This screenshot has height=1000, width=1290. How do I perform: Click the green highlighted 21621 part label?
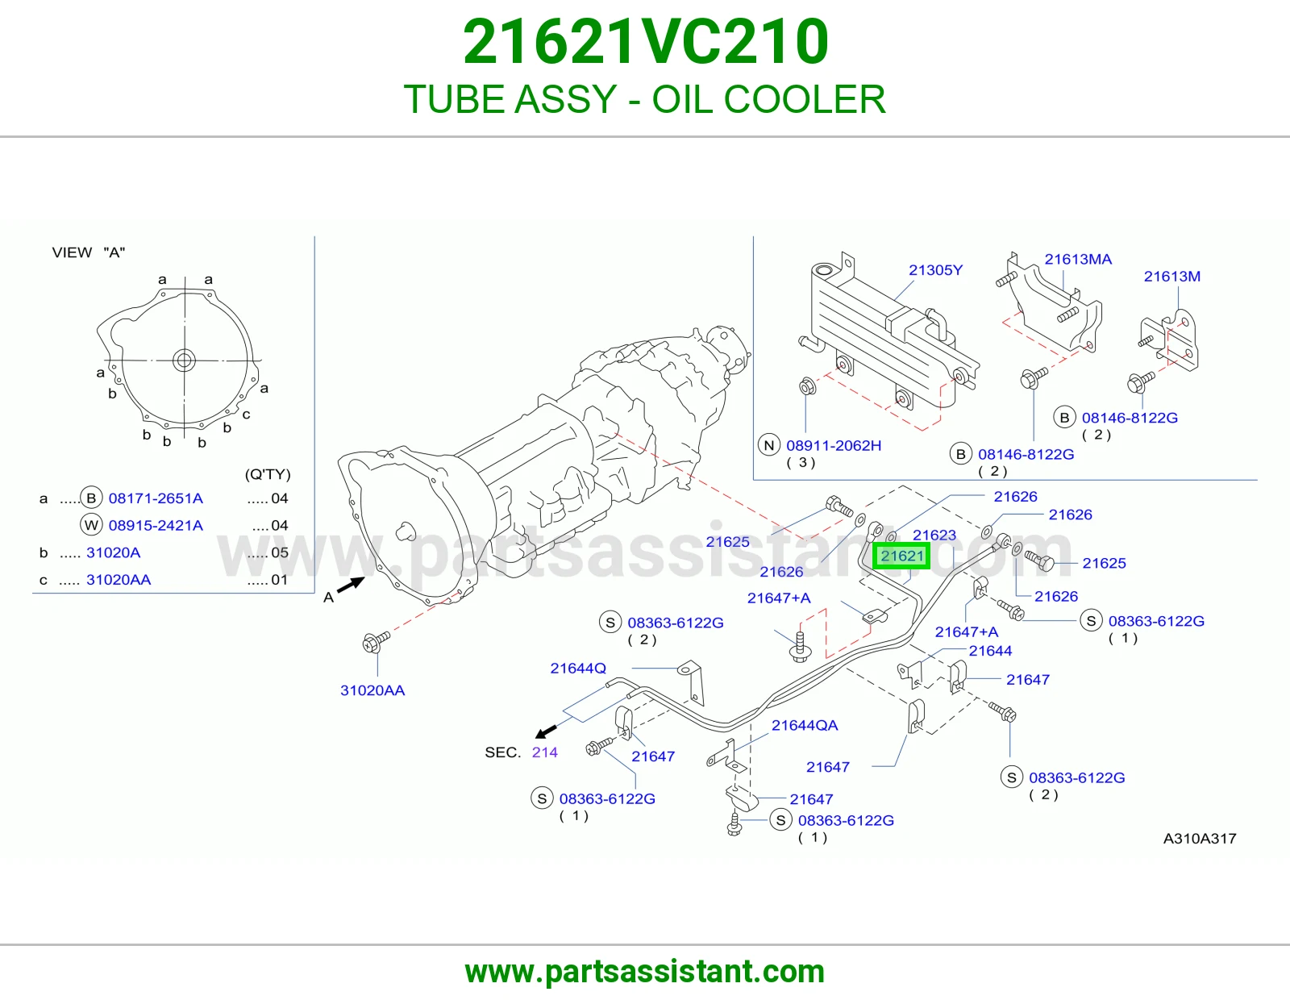coord(901,556)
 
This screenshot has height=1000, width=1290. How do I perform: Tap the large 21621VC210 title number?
coord(645,42)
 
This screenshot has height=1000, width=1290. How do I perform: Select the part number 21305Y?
coord(935,270)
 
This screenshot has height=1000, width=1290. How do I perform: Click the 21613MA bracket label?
coord(1078,260)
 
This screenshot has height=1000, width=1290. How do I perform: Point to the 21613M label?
coord(1171,277)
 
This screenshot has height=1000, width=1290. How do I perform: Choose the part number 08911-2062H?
coord(834,445)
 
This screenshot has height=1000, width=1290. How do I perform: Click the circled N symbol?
coord(769,445)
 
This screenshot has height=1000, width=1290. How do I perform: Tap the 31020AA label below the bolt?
coord(372,690)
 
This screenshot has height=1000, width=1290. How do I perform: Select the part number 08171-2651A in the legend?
coord(156,498)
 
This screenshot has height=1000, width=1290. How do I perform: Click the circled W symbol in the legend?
coord(91,525)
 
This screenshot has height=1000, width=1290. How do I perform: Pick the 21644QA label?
coord(805,725)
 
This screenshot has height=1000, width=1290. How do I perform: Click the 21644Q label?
coord(578,668)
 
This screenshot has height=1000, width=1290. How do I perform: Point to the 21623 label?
coord(934,535)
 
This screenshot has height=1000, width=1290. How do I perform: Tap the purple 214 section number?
coord(544,752)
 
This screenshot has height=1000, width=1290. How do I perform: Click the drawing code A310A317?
coord(1199,839)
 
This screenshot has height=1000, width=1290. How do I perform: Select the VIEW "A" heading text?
coord(89,252)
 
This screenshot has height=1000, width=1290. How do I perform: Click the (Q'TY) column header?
coord(268,474)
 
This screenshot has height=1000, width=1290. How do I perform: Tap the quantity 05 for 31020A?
coord(280,552)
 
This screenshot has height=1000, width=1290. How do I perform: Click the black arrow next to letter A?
coord(351,585)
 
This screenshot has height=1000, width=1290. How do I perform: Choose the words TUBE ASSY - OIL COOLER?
coord(645,99)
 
